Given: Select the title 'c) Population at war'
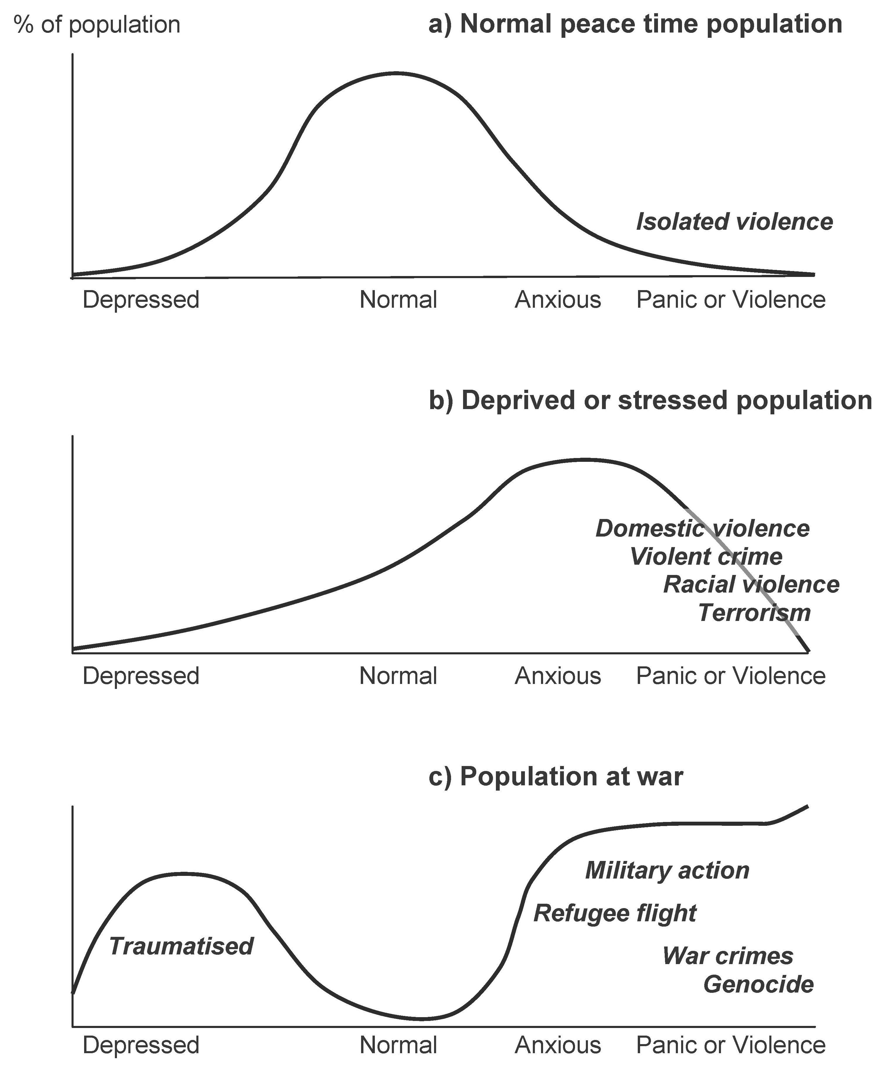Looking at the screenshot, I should (x=556, y=777).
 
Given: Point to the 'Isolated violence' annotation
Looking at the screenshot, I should (x=734, y=222).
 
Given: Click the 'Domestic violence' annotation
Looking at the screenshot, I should (x=702, y=529).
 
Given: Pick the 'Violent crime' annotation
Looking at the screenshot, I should (x=706, y=556).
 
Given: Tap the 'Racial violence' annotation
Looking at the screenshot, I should (x=751, y=585).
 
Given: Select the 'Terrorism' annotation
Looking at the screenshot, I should (x=754, y=613).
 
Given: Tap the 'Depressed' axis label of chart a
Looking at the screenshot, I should (x=141, y=300).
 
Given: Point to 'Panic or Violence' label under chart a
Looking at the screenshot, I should (x=731, y=300).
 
